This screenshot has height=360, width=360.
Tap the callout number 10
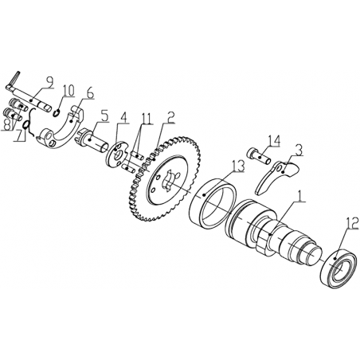tap(68, 91)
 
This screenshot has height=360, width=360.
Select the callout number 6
tap(90, 93)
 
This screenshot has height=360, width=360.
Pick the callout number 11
tap(147, 119)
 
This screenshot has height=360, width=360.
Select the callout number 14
tap(274, 141)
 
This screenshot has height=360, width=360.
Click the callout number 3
tap(299, 151)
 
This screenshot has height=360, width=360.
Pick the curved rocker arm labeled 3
tap(276, 176)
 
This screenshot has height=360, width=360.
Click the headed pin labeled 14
tap(260, 157)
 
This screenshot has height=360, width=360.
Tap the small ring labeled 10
tap(57, 113)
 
